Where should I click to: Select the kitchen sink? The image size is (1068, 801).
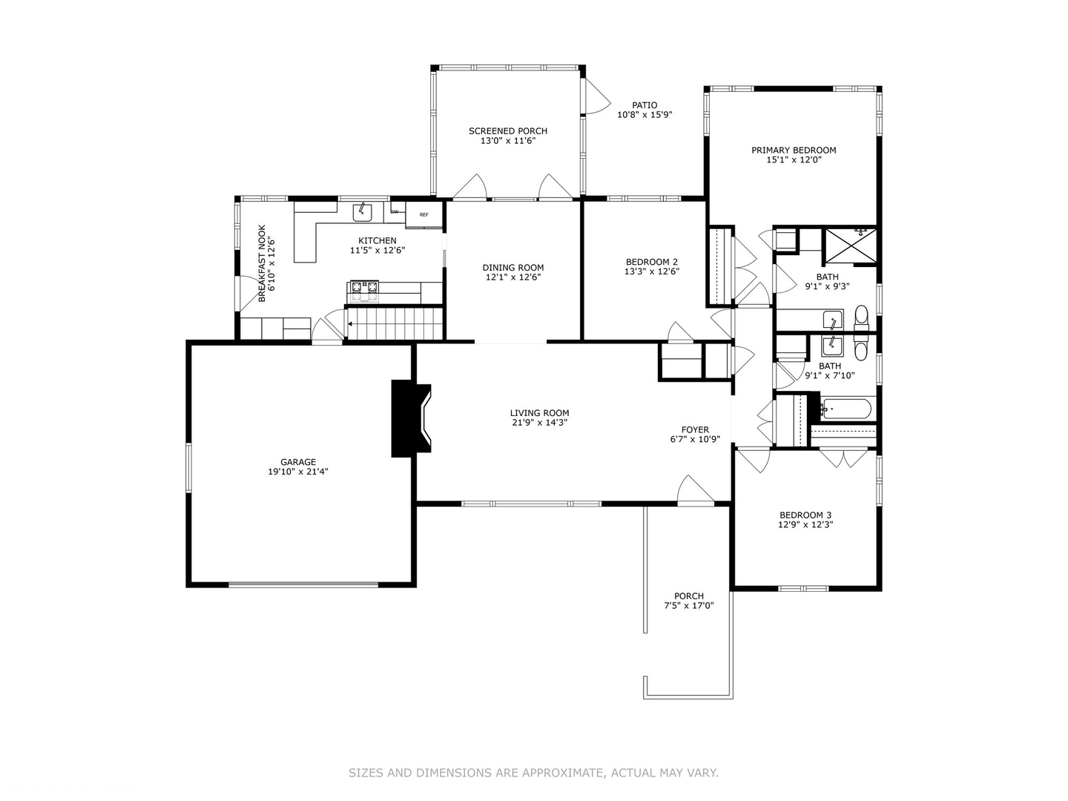click(x=362, y=212)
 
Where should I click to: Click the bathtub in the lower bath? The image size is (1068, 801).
click(x=847, y=409)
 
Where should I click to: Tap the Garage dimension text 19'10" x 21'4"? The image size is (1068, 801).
click(x=298, y=472)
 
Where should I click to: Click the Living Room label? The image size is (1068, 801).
click(x=539, y=413)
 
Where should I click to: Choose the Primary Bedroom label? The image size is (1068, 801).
click(x=794, y=150)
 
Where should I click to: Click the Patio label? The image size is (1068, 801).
click(x=645, y=105)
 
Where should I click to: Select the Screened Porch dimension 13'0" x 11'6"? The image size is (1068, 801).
click(x=508, y=141)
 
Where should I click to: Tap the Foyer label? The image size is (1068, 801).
click(x=695, y=429)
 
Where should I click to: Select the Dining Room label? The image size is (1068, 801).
click(x=512, y=268)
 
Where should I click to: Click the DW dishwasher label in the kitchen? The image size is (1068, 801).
click(x=395, y=212)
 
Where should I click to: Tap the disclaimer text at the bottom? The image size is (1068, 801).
click(x=533, y=773)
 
